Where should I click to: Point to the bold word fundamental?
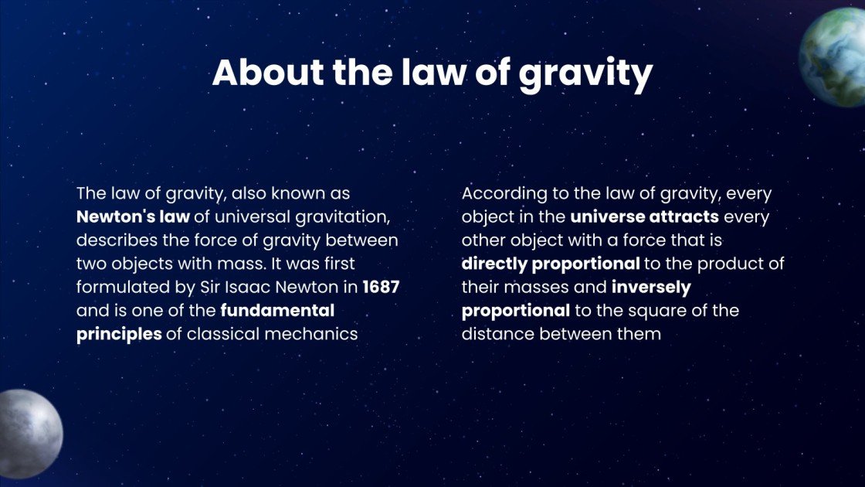tap(278, 311)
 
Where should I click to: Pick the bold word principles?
tap(119, 335)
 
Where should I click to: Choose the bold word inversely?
tap(651, 288)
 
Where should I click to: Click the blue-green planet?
tap(834, 58)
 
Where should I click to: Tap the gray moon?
tap(29, 433)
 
